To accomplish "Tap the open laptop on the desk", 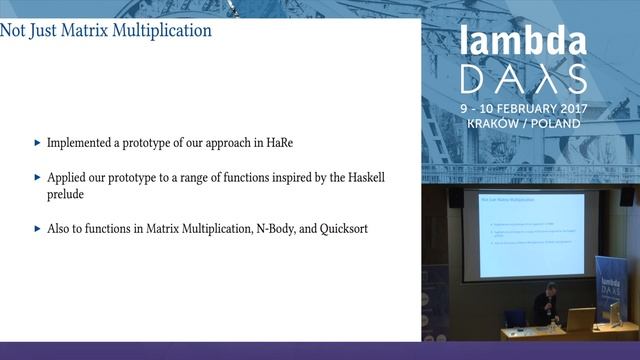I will click(580, 319).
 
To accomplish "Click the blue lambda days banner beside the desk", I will click(611, 289).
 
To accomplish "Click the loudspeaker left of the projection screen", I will click(456, 197).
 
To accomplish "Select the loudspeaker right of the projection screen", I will click(626, 196).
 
